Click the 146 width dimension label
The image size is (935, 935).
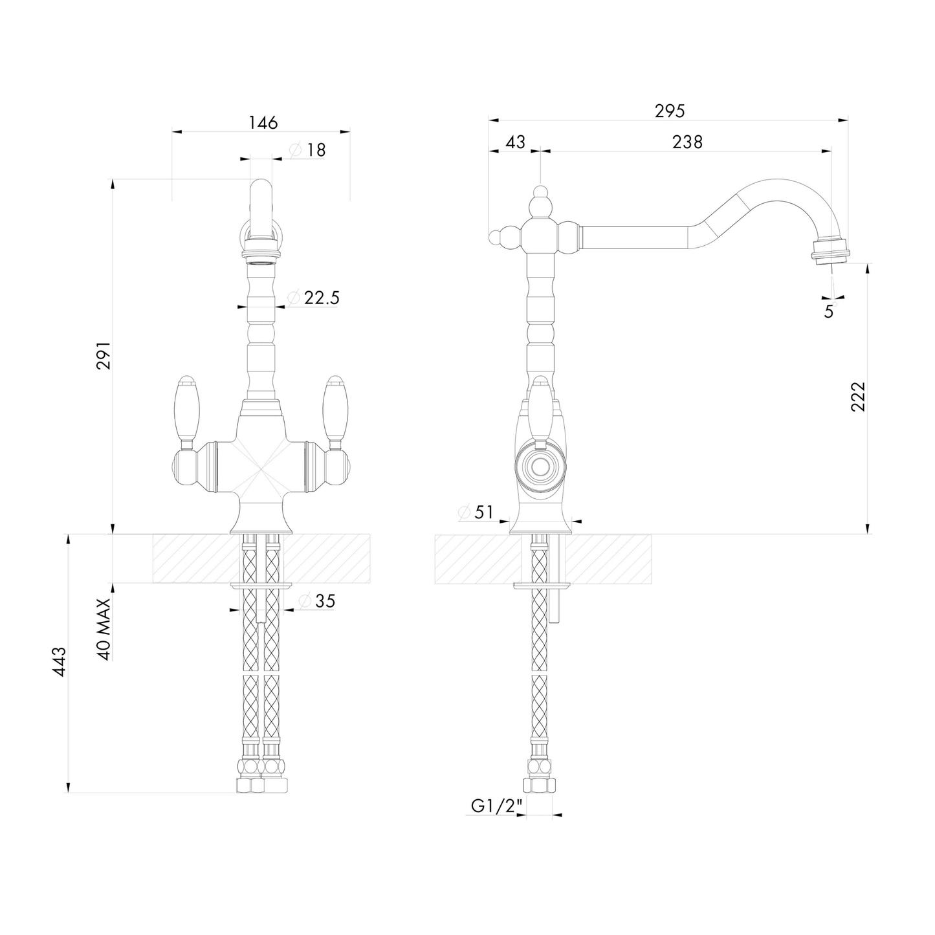[263, 122]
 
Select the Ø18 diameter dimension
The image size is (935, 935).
[309, 150]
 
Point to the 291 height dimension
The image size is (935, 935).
[104, 355]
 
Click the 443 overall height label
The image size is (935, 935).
[60, 661]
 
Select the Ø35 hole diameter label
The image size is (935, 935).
[317, 601]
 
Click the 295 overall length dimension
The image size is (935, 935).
[669, 111]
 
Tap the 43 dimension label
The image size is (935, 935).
[515, 142]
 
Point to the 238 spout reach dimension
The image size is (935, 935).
[687, 142]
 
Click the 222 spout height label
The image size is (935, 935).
[858, 396]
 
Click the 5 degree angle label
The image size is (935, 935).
[829, 311]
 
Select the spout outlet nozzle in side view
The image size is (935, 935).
[828, 250]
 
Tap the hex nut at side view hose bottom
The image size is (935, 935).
[540, 785]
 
